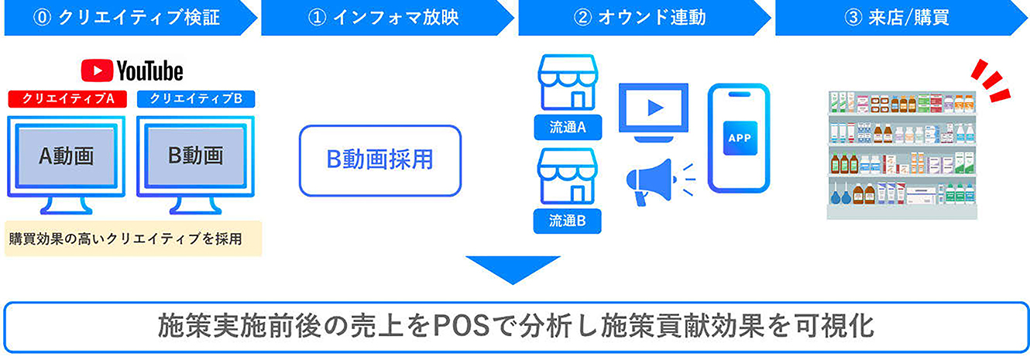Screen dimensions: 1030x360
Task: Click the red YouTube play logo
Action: [x=97, y=70]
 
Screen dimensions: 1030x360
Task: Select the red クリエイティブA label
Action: [x=67, y=98]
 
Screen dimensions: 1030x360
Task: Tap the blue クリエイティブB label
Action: [x=196, y=98]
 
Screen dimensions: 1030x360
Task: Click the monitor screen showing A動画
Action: [x=67, y=156]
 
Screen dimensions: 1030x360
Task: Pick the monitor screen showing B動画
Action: [x=195, y=156]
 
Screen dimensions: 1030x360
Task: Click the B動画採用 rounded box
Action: [x=379, y=160]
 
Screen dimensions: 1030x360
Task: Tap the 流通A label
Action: [x=568, y=128]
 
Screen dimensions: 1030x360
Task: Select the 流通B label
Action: [x=568, y=221]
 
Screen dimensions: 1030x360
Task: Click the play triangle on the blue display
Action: [x=655, y=108]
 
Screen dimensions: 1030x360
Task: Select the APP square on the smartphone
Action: [x=740, y=138]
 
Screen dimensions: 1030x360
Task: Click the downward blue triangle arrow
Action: [x=513, y=268]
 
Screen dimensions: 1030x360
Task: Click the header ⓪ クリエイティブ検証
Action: [x=126, y=18]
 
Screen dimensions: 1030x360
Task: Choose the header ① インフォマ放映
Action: [x=383, y=18]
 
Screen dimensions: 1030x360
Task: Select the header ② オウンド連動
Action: [x=640, y=18]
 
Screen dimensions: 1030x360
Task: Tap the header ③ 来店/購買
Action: [x=897, y=18]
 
